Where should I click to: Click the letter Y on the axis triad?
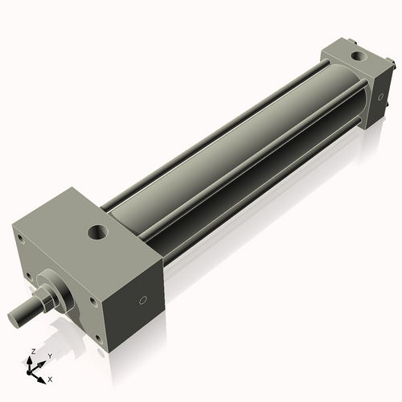pos(49,355)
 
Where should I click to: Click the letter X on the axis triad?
pos(50,377)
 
